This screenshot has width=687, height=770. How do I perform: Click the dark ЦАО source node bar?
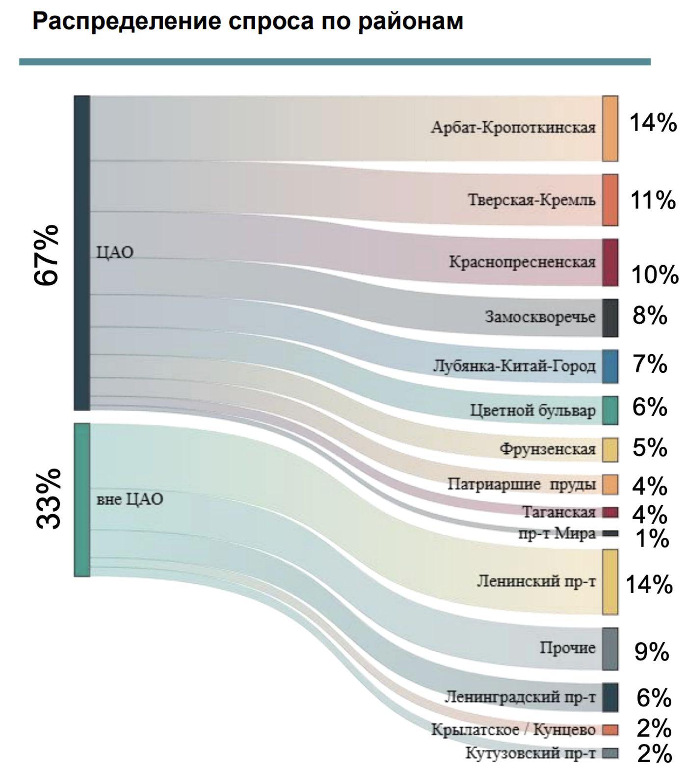pos(82,252)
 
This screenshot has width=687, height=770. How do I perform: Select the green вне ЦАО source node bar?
pos(82,499)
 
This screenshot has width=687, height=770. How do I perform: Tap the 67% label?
pos(47,255)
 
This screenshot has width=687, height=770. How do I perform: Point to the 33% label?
pos(49,498)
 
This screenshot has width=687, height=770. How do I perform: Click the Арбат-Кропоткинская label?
pos(513,128)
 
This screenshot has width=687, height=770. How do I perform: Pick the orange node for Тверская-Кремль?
pos(610,200)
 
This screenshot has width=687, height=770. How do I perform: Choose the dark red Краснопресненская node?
pos(610,262)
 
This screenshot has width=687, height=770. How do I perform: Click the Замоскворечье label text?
pos(540,317)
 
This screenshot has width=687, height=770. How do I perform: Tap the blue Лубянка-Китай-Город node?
pos(610,366)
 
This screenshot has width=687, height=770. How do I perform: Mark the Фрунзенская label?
pos(547,449)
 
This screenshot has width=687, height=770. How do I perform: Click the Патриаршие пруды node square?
pos(610,484)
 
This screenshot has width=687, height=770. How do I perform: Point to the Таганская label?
pos(558,512)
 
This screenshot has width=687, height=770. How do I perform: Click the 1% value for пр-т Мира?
pos(652,539)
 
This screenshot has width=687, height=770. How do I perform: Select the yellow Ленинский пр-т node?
pos(610,582)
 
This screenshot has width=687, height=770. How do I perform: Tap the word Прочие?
pos(568,648)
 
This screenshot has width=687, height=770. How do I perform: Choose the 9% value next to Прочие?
pos(652,652)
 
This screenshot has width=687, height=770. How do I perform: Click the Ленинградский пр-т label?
pos(520,696)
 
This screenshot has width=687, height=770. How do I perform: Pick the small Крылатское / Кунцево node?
pos(610,730)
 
